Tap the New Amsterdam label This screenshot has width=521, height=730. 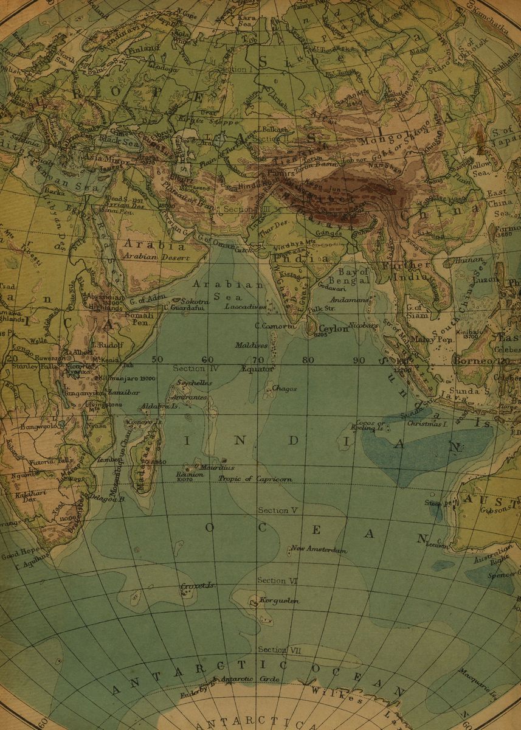coord(319,550)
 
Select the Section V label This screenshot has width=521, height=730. coord(277,510)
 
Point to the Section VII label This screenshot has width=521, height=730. coord(280,650)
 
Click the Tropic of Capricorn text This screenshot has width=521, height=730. coord(255,479)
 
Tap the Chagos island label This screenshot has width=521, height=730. coord(284,388)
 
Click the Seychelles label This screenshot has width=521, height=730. coord(193,383)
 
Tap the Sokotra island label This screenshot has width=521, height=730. coord(196,301)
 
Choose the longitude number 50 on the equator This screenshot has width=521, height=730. coord(157,360)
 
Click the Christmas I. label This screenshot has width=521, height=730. coord(427,423)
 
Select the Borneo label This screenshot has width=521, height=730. coord(472,361)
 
